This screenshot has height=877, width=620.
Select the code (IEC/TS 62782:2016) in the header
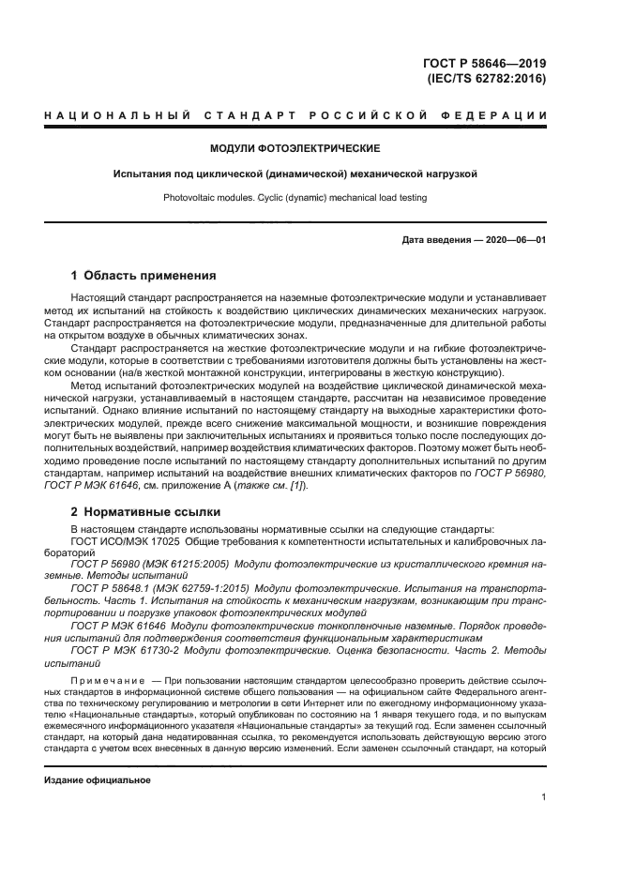point(486,79)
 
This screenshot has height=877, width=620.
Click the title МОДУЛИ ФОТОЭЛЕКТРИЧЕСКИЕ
point(295,148)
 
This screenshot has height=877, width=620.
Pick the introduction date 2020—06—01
point(514,240)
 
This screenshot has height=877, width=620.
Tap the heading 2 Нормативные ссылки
point(145,512)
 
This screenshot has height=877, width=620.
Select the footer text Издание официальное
point(98,779)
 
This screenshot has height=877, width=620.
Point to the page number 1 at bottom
point(544,797)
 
